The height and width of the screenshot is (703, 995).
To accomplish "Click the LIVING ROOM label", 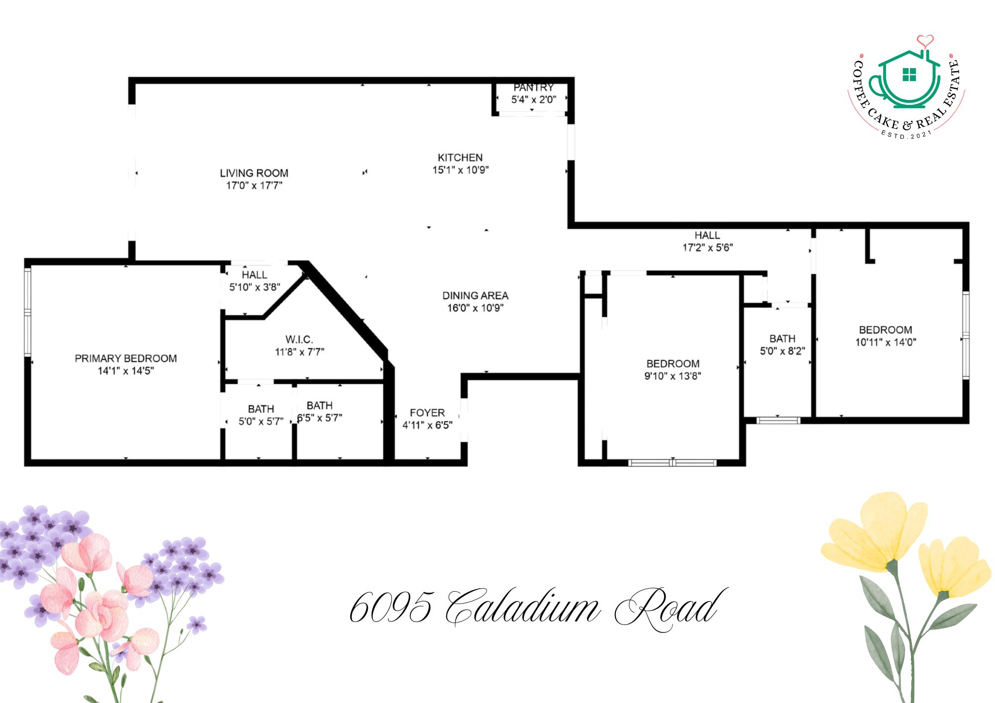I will point(254,173).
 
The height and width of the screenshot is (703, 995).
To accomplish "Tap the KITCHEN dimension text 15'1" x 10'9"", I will point(460,170).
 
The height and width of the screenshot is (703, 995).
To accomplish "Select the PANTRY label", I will point(533,88).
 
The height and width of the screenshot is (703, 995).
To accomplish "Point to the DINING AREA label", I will point(475,296).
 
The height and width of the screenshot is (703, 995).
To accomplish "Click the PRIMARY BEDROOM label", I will point(125,358).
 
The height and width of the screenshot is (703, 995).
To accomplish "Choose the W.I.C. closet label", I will point(299,340).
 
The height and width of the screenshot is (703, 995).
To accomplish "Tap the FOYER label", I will point(427,413).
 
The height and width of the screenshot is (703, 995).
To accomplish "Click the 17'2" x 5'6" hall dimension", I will point(707,248).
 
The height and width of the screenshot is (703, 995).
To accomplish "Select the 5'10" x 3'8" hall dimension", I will point(254,287).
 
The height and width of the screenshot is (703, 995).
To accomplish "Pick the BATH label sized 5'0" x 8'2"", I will point(782,339).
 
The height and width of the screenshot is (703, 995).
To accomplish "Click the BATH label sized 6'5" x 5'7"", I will point(319,406).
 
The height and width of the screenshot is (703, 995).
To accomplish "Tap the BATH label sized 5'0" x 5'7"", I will point(261,409).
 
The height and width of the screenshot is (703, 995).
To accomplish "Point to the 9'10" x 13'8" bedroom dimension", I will point(673,376).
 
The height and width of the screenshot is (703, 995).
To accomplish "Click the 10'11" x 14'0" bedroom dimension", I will point(886,342).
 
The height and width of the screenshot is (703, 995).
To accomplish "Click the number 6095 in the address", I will point(390,608).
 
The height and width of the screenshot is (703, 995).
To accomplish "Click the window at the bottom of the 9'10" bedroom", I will point(672,463).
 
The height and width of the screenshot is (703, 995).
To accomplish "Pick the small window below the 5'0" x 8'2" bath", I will point(778,421).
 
